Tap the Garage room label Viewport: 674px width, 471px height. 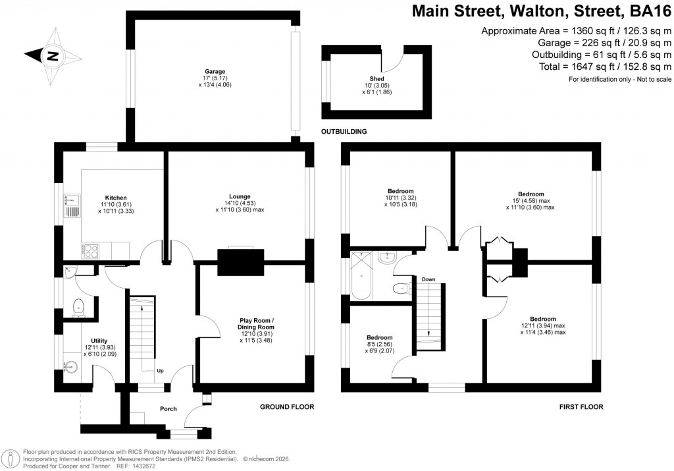click(215, 71)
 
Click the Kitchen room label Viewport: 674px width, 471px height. click(116, 197)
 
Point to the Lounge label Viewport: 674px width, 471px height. click(240, 196)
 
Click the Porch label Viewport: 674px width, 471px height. click(168, 409)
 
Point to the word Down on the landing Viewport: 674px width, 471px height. click(428, 279)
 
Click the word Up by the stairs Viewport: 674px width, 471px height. click(160, 371)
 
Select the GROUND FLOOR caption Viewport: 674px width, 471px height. click(287, 407)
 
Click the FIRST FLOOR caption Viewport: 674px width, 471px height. click(581, 407)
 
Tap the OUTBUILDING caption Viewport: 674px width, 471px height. click(344, 132)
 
